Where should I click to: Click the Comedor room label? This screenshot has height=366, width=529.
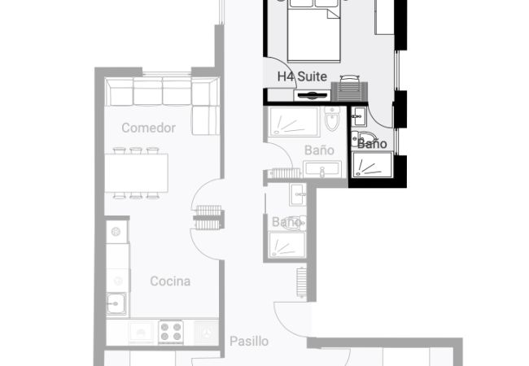point(148,128)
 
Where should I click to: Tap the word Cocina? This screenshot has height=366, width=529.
point(170,281)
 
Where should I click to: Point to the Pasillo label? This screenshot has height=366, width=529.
point(249,342)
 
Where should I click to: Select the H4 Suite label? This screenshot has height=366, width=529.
point(302,76)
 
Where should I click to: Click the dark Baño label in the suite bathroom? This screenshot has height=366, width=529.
point(372,144)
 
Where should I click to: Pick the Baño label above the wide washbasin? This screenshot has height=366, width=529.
point(319,150)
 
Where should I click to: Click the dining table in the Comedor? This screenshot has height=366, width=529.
point(136,173)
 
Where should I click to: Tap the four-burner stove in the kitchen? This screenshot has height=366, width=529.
point(171,332)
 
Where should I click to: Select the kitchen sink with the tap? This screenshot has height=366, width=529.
point(116,303)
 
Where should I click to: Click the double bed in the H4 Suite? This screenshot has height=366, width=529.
point(314,31)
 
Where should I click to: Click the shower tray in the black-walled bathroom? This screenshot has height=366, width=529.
point(372,164)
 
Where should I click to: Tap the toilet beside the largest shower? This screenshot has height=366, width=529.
point(332,119)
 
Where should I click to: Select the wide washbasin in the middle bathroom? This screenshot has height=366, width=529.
point(322,169)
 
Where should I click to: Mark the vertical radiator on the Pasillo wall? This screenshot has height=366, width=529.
point(301,282)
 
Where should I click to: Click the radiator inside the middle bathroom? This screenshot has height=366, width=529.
point(286,173)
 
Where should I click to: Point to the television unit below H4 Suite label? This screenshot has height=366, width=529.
point(312,95)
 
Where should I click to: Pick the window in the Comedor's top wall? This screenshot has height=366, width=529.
point(167,73)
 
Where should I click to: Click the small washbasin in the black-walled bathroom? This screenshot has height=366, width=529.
point(359,116)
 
